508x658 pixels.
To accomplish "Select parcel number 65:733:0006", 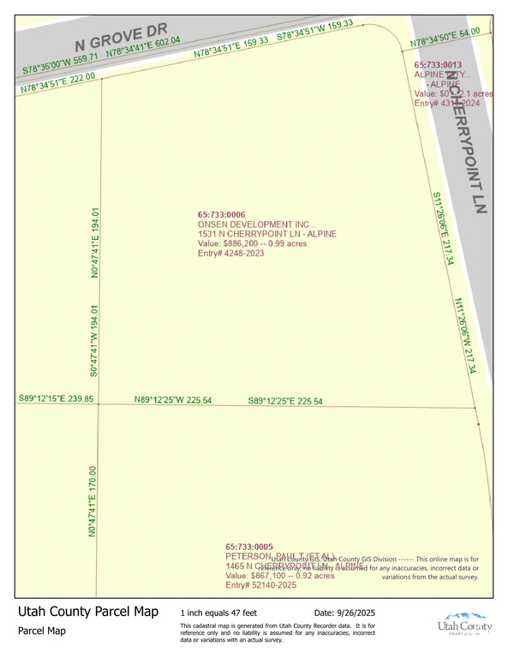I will [222, 215].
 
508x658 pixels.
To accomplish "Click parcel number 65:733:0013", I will [438, 65].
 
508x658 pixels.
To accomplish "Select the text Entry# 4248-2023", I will [230, 253].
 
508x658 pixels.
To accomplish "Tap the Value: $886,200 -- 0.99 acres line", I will [252, 243].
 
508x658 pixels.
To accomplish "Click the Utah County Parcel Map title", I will [88, 612].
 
